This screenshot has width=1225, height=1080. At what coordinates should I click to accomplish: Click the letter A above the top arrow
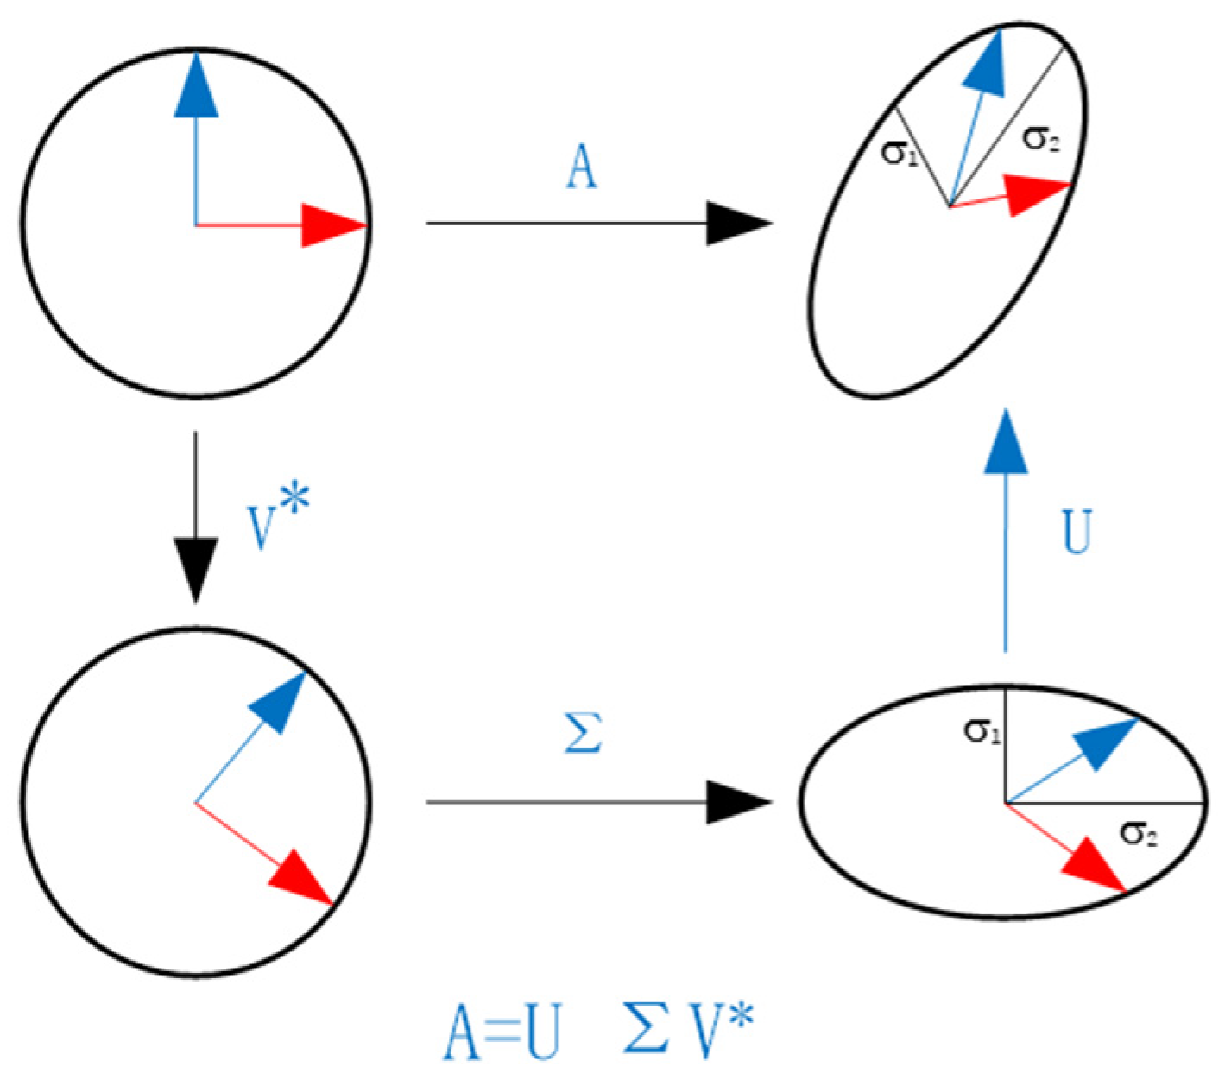coord(581,167)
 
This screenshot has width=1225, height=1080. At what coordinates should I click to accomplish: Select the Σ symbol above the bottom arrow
coord(583,734)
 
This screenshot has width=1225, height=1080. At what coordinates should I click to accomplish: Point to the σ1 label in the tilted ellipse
coord(898,154)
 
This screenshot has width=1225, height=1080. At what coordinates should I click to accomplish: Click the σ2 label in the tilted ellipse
coord(1039,138)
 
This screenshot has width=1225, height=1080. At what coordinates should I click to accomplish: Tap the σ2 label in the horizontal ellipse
coord(1139,832)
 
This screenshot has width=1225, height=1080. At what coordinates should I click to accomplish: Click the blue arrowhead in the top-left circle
coord(197,86)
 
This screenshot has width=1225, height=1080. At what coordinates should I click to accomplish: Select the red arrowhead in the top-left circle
coord(332,225)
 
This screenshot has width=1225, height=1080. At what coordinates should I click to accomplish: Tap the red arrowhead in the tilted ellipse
coord(1037,193)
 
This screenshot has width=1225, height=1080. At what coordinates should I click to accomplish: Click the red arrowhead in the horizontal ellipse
coord(1095,867)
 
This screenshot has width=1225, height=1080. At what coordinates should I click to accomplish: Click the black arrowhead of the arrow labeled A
coord(736,224)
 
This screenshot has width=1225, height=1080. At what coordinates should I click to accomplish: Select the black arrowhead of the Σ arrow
coord(736,802)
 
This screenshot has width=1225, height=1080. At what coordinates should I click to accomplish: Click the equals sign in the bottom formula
coord(501,1033)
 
